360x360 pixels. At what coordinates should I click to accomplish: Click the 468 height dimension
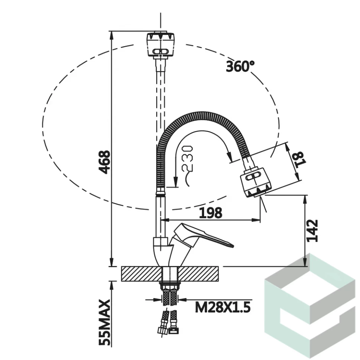click(x=105, y=162)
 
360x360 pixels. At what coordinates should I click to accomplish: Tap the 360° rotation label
click(x=240, y=66)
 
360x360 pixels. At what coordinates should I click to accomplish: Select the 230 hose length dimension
click(x=187, y=158)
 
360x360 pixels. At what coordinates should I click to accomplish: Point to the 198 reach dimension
click(x=210, y=213)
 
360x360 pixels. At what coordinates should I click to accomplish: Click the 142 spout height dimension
click(x=312, y=231)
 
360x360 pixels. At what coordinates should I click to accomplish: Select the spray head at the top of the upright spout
click(x=160, y=45)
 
